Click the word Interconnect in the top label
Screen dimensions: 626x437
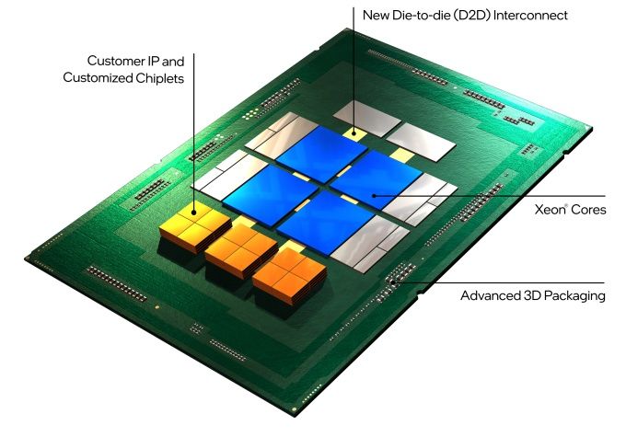click(x=530, y=16)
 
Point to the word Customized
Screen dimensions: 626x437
click(x=98, y=77)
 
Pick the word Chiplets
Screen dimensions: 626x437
click(x=159, y=78)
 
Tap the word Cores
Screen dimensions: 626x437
click(x=588, y=210)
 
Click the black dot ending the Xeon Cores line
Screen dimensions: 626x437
click(x=374, y=196)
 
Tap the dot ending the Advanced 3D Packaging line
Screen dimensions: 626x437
click(x=393, y=282)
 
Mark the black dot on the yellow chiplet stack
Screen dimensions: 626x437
click(x=193, y=213)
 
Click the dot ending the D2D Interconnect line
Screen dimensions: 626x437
click(x=354, y=133)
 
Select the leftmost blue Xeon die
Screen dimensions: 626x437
click(x=271, y=194)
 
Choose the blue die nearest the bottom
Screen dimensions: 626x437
click(x=325, y=222)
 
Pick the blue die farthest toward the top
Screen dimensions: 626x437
click(x=322, y=154)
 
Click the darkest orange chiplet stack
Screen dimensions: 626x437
click(x=290, y=275)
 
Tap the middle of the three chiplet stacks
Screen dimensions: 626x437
click(x=241, y=250)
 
